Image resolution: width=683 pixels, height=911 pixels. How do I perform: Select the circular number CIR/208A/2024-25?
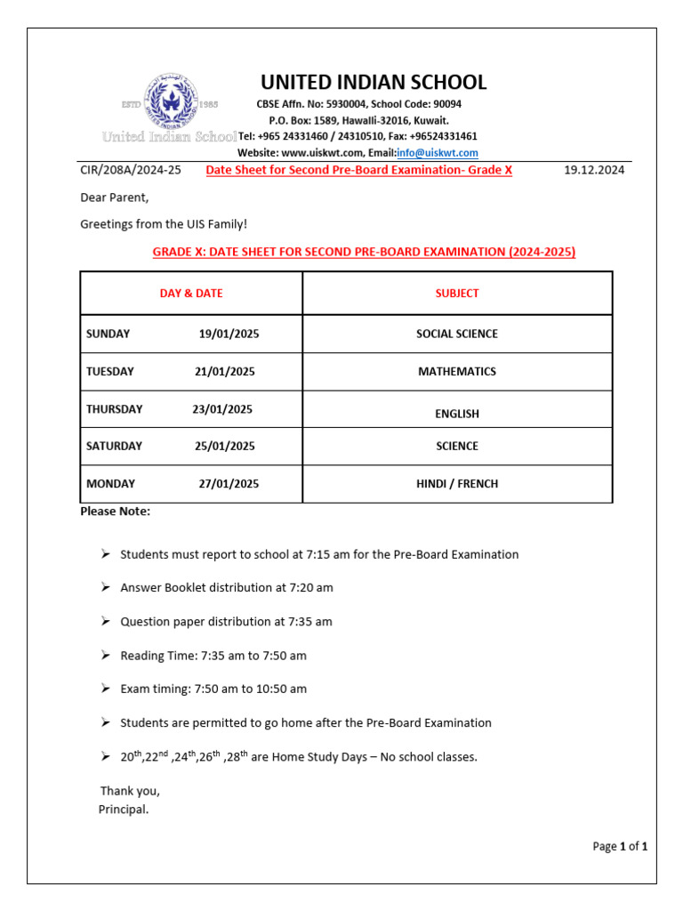click(131, 170)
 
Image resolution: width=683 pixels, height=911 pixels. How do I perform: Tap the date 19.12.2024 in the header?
click(594, 170)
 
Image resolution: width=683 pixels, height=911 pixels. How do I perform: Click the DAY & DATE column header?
click(191, 293)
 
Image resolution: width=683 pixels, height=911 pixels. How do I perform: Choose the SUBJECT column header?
click(457, 293)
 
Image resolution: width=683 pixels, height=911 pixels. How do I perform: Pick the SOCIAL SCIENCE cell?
click(457, 334)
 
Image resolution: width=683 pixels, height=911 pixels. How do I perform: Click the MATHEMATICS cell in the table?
click(457, 371)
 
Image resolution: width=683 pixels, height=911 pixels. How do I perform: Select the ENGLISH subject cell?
click(457, 414)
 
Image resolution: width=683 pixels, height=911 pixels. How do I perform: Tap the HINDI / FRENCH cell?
click(457, 484)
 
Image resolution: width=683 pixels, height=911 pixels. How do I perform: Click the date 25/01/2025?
click(224, 446)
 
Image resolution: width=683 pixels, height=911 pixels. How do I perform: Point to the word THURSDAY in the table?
click(114, 409)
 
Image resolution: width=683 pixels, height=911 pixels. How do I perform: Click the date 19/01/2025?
click(229, 334)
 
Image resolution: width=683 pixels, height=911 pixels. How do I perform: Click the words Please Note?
click(116, 512)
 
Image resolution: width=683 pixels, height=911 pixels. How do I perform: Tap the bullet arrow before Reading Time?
click(105, 655)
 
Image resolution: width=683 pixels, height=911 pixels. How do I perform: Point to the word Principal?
click(124, 810)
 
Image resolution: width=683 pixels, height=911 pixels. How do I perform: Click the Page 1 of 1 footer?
click(620, 847)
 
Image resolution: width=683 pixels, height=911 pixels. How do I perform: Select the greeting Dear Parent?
click(115, 198)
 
